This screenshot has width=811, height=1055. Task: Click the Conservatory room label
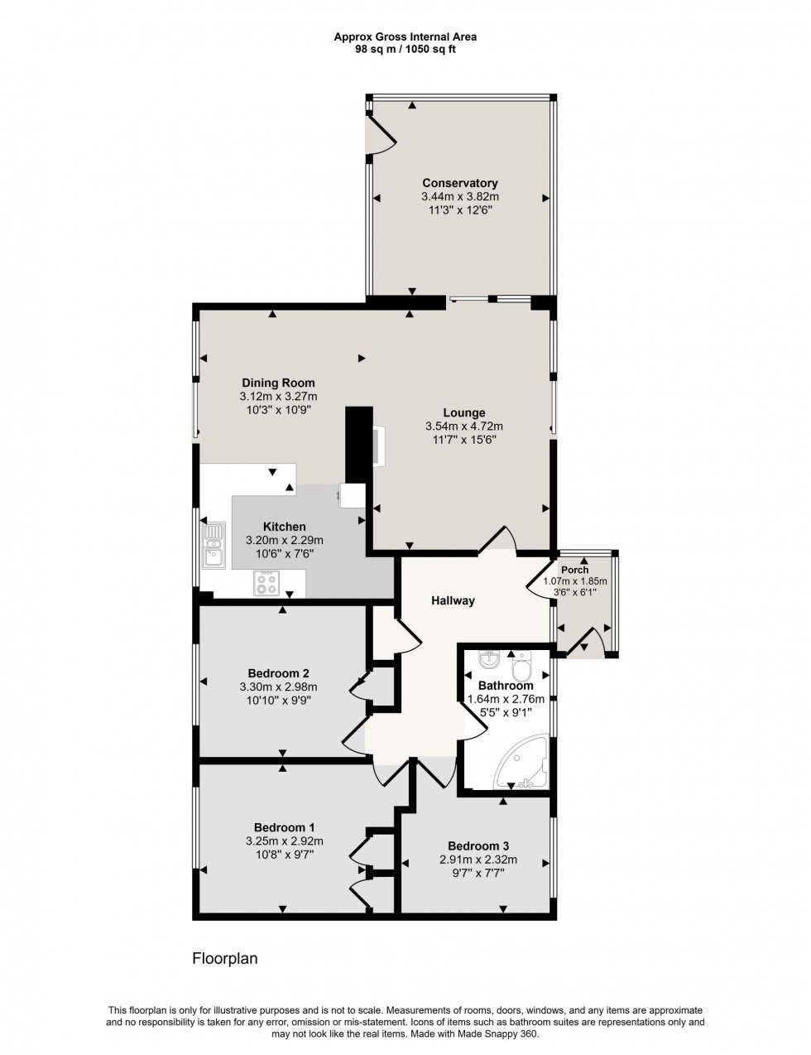459,183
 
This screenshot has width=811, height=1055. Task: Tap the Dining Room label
278,383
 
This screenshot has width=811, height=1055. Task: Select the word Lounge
463,412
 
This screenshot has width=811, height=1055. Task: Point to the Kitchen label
284,527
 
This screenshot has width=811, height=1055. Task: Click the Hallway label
452,601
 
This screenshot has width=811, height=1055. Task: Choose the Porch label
574,570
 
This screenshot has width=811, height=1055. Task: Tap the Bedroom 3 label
477,845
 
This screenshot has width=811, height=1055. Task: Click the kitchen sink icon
214,545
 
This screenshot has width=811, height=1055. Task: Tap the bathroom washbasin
490,661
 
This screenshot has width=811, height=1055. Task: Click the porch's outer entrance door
589,642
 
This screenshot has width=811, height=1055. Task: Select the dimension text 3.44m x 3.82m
459,197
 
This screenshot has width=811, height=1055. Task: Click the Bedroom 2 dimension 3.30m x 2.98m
278,686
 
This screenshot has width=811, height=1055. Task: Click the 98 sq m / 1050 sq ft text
405,49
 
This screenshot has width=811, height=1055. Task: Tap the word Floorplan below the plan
225,959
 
